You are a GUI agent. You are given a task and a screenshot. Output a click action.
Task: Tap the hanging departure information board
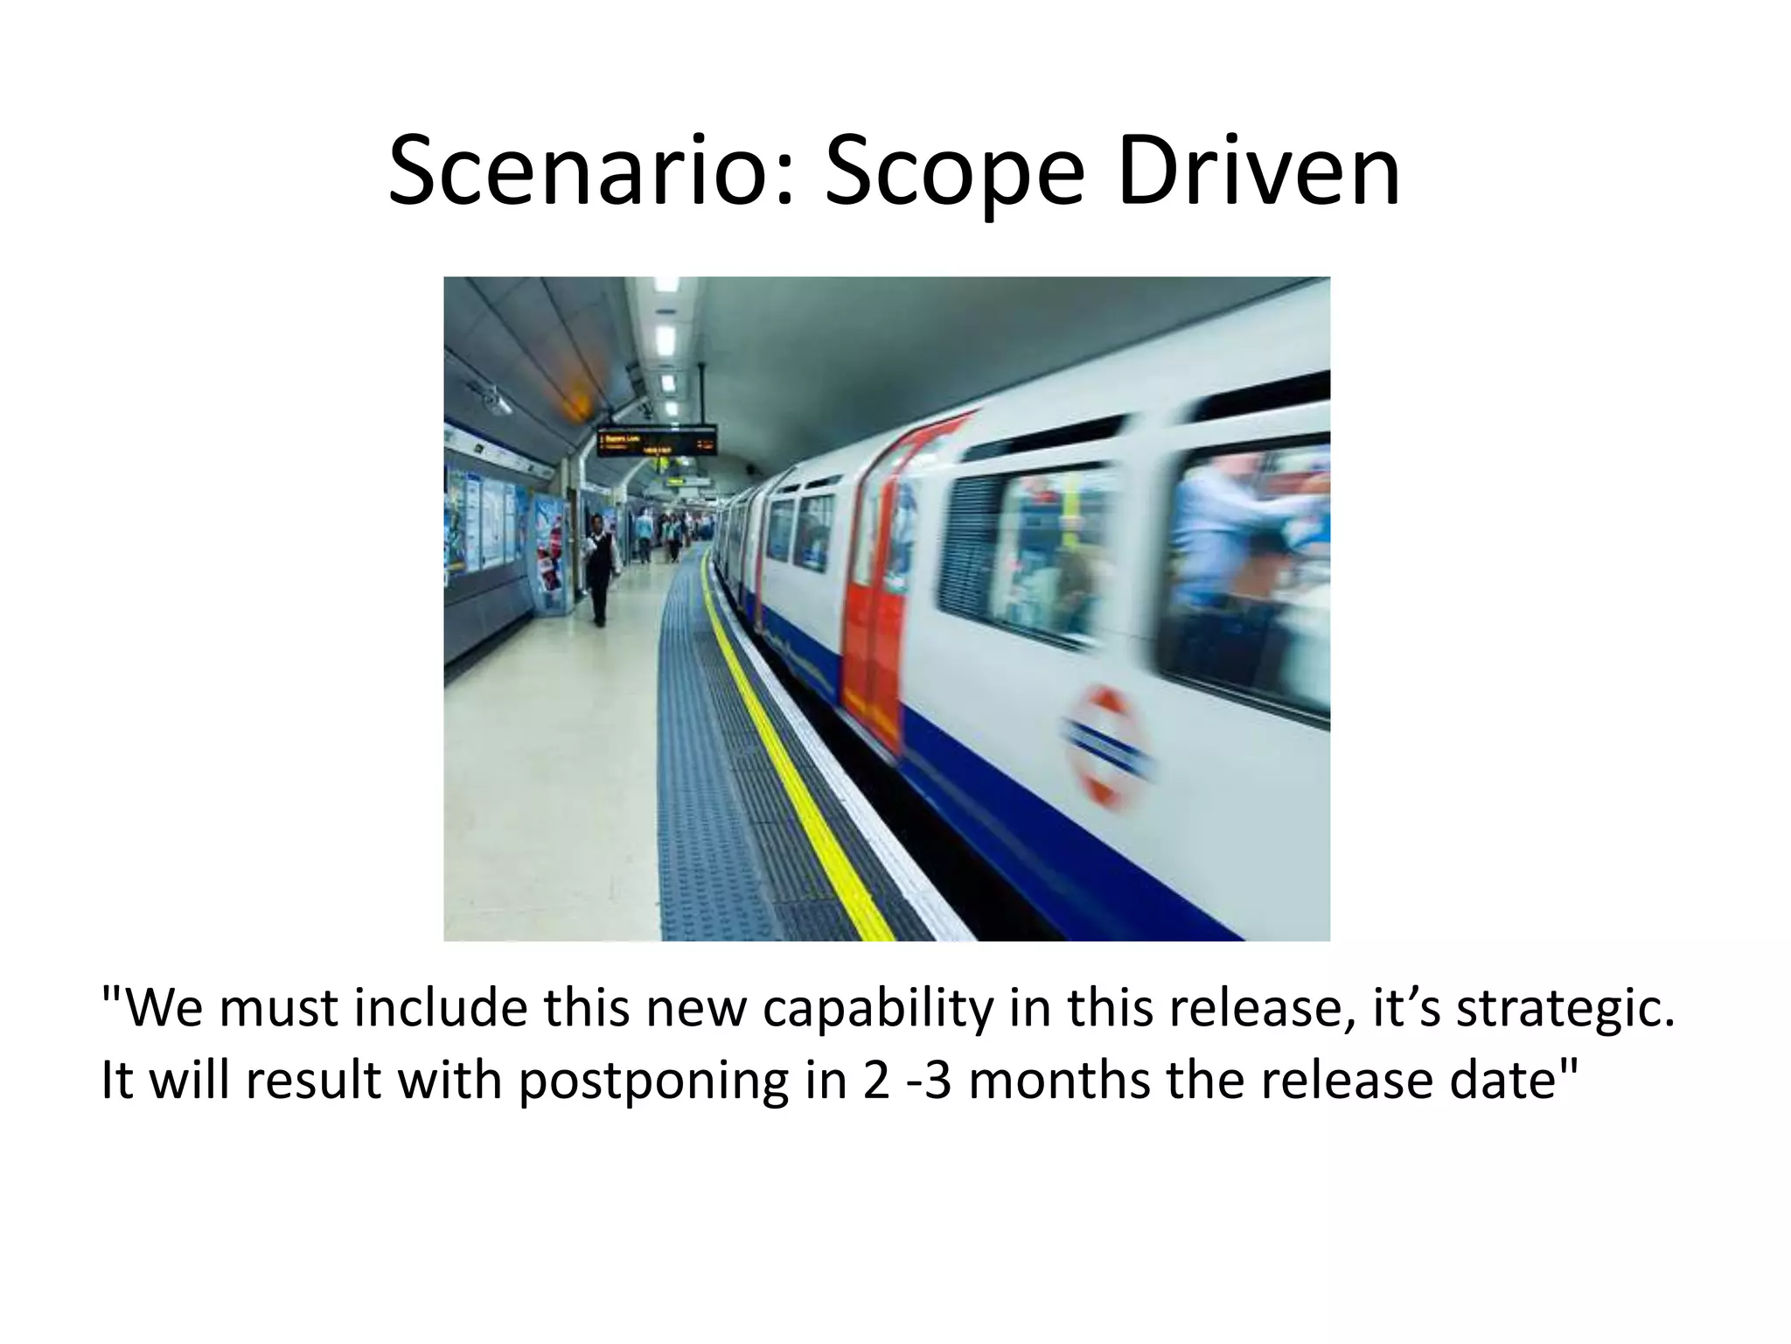(656, 439)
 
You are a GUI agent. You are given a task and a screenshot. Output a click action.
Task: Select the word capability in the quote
(879, 1009)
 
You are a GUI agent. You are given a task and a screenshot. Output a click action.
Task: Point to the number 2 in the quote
(875, 1080)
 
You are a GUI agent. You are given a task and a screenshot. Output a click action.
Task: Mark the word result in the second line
(313, 1080)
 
